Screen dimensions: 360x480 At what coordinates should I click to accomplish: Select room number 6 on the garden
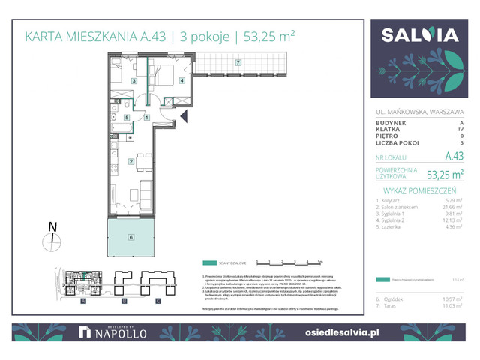[130, 237]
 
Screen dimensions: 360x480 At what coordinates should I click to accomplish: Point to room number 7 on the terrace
[238, 62]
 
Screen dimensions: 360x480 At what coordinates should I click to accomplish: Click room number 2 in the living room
[130, 161]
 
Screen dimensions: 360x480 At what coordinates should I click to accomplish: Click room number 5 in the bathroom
[127, 117]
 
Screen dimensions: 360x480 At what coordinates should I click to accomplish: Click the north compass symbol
[51, 239]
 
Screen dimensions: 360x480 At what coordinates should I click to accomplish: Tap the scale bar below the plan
[289, 263]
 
